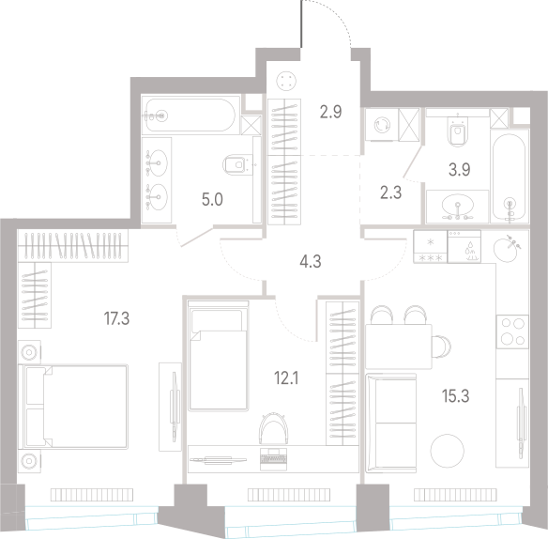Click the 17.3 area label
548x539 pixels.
pos(116,318)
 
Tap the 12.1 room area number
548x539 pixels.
pos(286,378)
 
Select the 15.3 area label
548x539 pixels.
pos(455,396)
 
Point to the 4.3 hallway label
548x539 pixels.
pos(311,261)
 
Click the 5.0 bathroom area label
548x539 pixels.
pos(212,199)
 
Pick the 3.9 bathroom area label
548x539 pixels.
pos(459,170)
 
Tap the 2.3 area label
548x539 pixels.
pos(390,192)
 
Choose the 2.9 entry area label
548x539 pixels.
pos(330,112)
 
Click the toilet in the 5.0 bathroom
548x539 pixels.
pos(238,164)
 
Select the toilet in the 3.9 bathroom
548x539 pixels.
pos(458,131)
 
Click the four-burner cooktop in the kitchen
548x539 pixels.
pos(512,331)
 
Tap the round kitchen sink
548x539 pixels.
pos(506,249)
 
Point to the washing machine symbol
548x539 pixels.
pos(382,125)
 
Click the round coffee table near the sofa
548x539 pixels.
pos(447,451)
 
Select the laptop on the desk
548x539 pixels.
pos(274,459)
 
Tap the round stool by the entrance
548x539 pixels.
pos(286,81)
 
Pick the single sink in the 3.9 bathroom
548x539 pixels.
pos(458,207)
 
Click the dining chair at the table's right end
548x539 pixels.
pos(441,346)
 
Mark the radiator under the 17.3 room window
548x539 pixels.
pos(92,495)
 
